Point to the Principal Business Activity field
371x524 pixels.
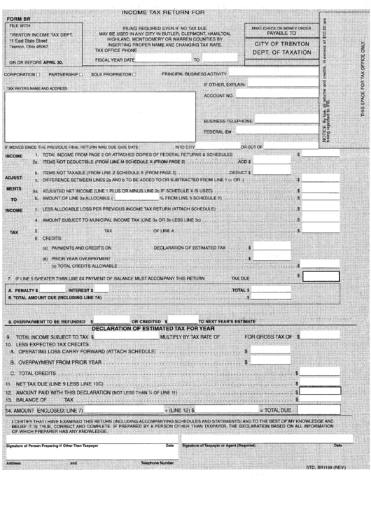275,72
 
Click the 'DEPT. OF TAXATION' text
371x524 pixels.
276,52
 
